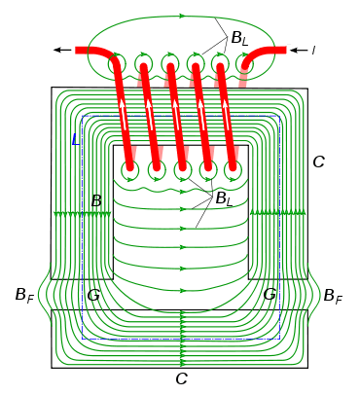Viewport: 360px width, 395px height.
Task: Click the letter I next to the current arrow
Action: tap(313, 50)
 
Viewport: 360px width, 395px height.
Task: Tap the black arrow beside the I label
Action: tap(299, 50)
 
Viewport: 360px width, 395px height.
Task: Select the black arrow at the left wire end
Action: tap(62, 50)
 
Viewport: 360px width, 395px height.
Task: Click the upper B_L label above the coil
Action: tap(239, 39)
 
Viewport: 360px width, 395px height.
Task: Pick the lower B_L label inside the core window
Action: tap(225, 198)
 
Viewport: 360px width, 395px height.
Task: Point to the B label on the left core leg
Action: tap(96, 201)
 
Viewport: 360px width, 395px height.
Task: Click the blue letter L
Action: tap(76, 139)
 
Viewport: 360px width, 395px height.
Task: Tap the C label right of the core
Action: tap(318, 162)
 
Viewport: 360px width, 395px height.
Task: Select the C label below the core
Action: tap(182, 378)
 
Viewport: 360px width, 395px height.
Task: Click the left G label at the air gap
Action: tap(93, 295)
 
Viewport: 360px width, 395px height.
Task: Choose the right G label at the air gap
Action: tap(270, 295)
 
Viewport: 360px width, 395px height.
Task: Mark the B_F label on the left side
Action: tap(24, 296)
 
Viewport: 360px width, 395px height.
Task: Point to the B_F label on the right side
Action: tap(333, 296)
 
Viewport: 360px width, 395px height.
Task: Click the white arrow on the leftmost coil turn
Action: tap(124, 114)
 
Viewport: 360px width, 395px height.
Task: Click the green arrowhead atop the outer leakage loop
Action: tap(182, 16)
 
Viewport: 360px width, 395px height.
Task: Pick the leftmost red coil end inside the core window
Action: tap(130, 166)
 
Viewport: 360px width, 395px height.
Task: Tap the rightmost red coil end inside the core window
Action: tap(233, 166)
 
